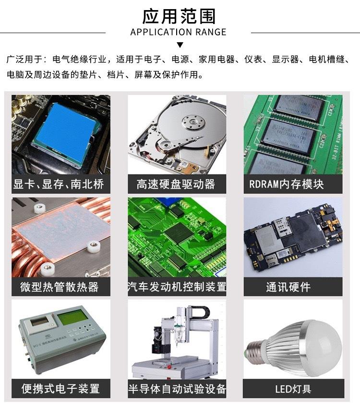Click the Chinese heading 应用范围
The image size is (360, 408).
click(179, 16)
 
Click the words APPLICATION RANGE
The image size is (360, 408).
click(179, 32)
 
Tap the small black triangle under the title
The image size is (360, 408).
click(180, 45)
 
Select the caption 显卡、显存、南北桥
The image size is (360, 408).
click(59, 184)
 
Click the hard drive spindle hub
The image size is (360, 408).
click(193, 121)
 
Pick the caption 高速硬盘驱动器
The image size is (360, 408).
click(176, 184)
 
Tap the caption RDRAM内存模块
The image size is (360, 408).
click(287, 184)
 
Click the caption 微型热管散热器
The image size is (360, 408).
click(60, 287)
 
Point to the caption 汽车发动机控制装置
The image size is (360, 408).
click(177, 287)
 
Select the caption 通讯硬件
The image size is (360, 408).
click(288, 287)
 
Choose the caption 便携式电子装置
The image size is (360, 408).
click(60, 389)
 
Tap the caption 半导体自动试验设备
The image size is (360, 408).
click(177, 389)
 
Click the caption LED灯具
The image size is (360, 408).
click(293, 389)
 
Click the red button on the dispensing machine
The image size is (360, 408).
click(169, 367)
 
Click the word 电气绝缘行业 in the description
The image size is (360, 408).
click(80, 60)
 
